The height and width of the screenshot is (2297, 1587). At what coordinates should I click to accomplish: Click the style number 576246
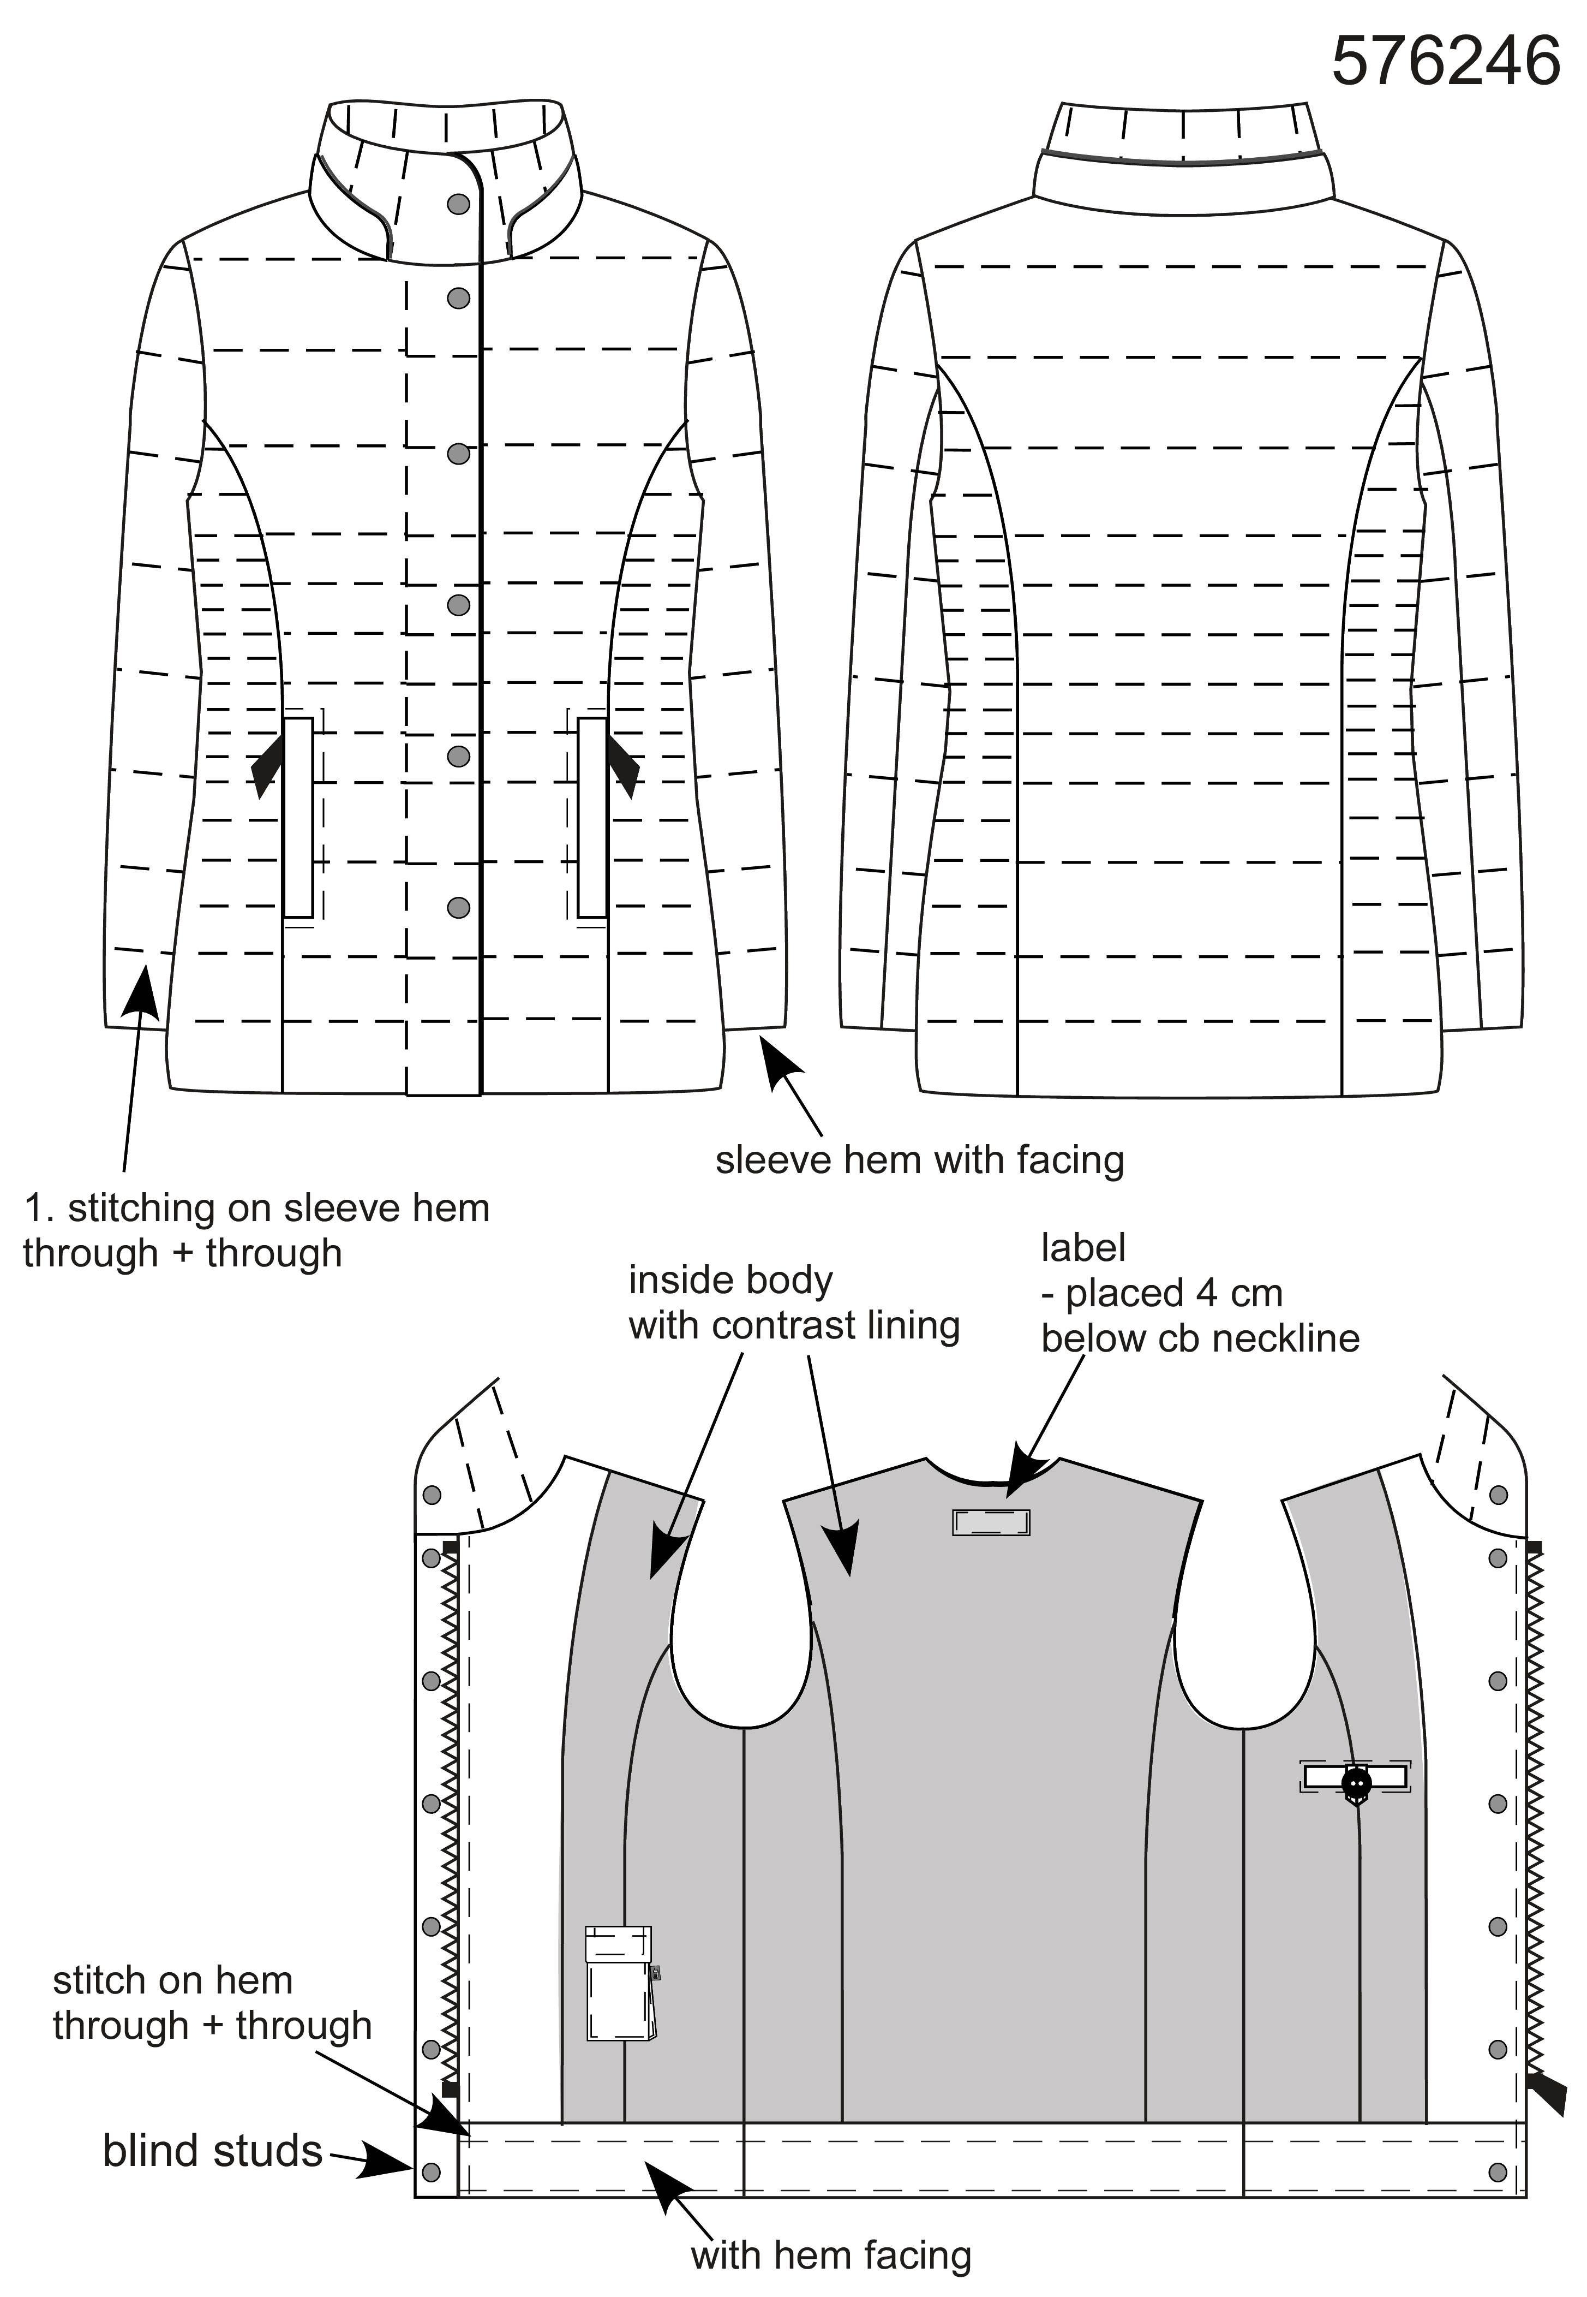[x=1445, y=62]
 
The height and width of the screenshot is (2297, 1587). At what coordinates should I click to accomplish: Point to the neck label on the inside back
[x=990, y=1522]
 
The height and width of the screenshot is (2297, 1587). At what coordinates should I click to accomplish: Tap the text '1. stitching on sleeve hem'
[x=256, y=1209]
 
